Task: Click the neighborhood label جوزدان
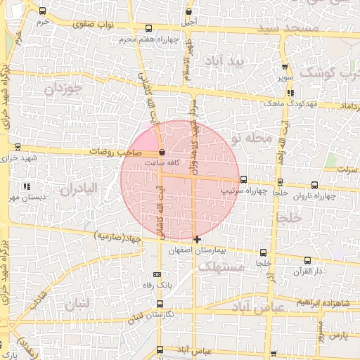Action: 65,89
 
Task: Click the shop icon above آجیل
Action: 188,12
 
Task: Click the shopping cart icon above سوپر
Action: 285,62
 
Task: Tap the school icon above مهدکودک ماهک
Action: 290,92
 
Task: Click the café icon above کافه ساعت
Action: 162,152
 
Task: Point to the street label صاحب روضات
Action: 116,152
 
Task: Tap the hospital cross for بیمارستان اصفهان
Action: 197,240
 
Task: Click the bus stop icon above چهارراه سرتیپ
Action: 243,179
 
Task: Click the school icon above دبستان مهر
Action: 27,187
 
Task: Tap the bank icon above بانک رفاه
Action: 157,274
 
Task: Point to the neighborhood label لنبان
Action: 77,305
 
